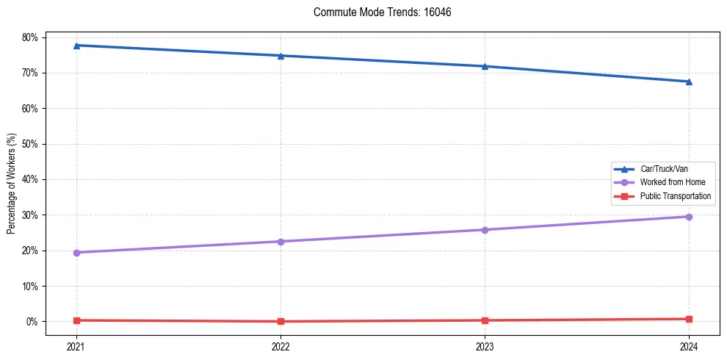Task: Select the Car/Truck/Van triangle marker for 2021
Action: [x=76, y=46]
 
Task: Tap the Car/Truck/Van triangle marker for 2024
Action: [x=689, y=82]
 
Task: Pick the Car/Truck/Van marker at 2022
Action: [x=281, y=56]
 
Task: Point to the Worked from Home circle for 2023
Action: [x=485, y=230]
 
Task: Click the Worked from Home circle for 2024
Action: [x=689, y=217]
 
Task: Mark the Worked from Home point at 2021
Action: [x=76, y=253]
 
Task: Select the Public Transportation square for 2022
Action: [x=281, y=321]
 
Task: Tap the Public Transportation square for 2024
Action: [x=689, y=319]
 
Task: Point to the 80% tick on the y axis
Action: [x=32, y=37]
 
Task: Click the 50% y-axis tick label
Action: [x=32, y=144]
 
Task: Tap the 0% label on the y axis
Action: [x=35, y=322]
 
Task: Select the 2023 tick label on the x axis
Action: [x=485, y=345]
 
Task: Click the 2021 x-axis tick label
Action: [x=76, y=345]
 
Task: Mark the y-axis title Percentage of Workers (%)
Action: [x=12, y=184]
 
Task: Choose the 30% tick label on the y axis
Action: [x=32, y=215]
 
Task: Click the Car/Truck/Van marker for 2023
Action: [x=485, y=66]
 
